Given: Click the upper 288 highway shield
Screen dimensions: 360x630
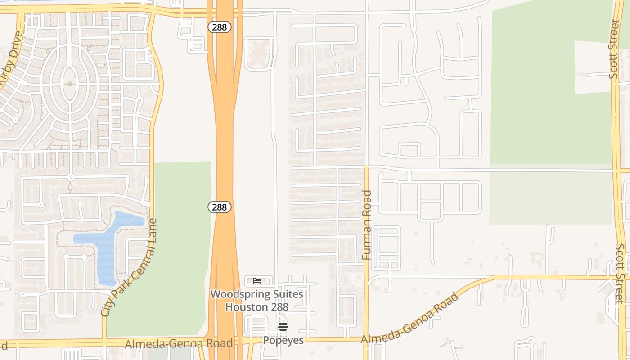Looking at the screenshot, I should coord(220,27).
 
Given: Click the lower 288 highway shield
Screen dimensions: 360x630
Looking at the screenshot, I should coord(220,207).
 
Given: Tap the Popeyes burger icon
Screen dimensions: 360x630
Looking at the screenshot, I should coord(283,327).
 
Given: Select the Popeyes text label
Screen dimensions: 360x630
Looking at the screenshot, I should coord(283,340).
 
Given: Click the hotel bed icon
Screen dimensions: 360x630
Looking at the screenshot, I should coord(257,281).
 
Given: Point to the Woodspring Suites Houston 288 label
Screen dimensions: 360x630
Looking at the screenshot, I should coord(256,301).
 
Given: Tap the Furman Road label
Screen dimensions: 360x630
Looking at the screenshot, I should coord(367,225).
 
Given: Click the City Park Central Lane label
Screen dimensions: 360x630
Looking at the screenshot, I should coord(130,268).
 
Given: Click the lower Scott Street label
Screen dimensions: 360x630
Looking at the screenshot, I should coord(620,274).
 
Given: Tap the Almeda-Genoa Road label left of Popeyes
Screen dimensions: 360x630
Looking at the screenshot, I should coord(179,344).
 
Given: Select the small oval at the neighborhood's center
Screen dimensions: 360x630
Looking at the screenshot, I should coord(69,84).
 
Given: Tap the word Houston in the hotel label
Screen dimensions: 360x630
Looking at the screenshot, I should coord(245,307).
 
